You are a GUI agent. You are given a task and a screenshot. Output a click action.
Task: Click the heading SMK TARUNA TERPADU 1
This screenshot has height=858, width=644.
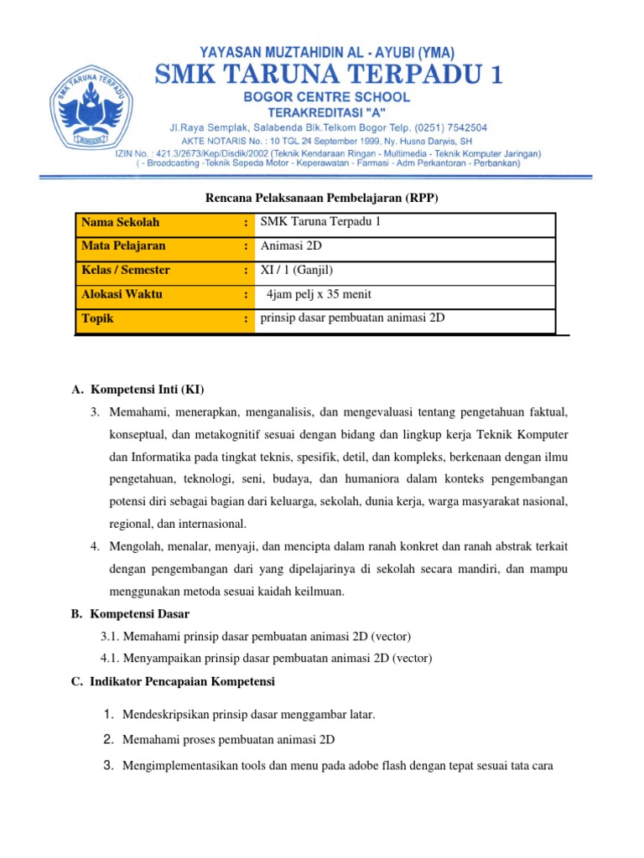(328, 76)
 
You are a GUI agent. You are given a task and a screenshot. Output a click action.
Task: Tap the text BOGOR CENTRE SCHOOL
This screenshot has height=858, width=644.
(327, 97)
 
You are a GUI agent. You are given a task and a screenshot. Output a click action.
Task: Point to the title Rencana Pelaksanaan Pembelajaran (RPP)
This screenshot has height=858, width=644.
(322, 198)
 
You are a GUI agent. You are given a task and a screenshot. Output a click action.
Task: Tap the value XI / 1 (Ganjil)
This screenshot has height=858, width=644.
(302, 270)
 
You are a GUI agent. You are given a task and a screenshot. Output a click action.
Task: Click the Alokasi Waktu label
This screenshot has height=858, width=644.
(122, 294)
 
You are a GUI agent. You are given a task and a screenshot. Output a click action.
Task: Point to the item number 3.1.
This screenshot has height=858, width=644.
(111, 636)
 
